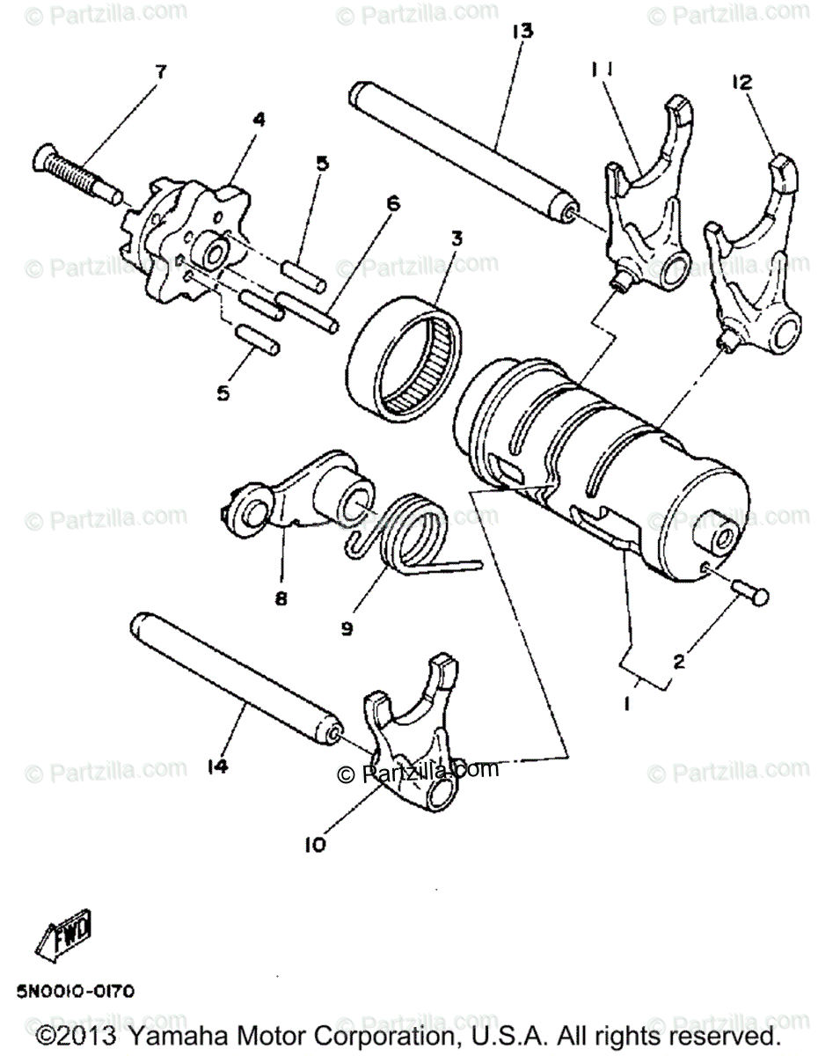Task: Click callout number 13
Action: [x=522, y=33]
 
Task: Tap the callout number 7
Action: [x=159, y=72]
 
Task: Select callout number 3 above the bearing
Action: [x=456, y=240]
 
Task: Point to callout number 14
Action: [x=217, y=766]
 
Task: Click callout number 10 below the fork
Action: [x=315, y=845]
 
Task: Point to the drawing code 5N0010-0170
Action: [x=76, y=992]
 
